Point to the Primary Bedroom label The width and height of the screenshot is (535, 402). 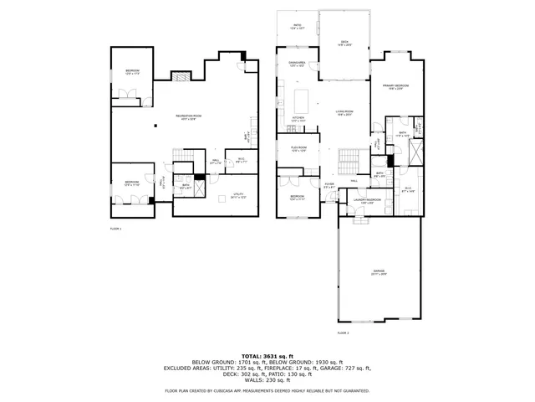click(x=395, y=87)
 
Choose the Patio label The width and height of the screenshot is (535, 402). click(x=297, y=27)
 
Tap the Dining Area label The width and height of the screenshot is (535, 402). click(x=297, y=64)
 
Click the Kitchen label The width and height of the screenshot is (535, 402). click(x=298, y=120)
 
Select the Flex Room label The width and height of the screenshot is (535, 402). click(x=298, y=150)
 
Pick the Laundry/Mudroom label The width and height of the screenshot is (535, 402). click(x=367, y=202)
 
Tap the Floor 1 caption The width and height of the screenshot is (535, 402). click(x=115, y=228)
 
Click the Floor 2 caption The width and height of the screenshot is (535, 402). click(x=343, y=332)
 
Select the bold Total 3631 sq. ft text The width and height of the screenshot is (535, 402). click(x=267, y=355)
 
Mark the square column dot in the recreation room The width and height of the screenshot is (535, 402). click(x=155, y=126)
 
